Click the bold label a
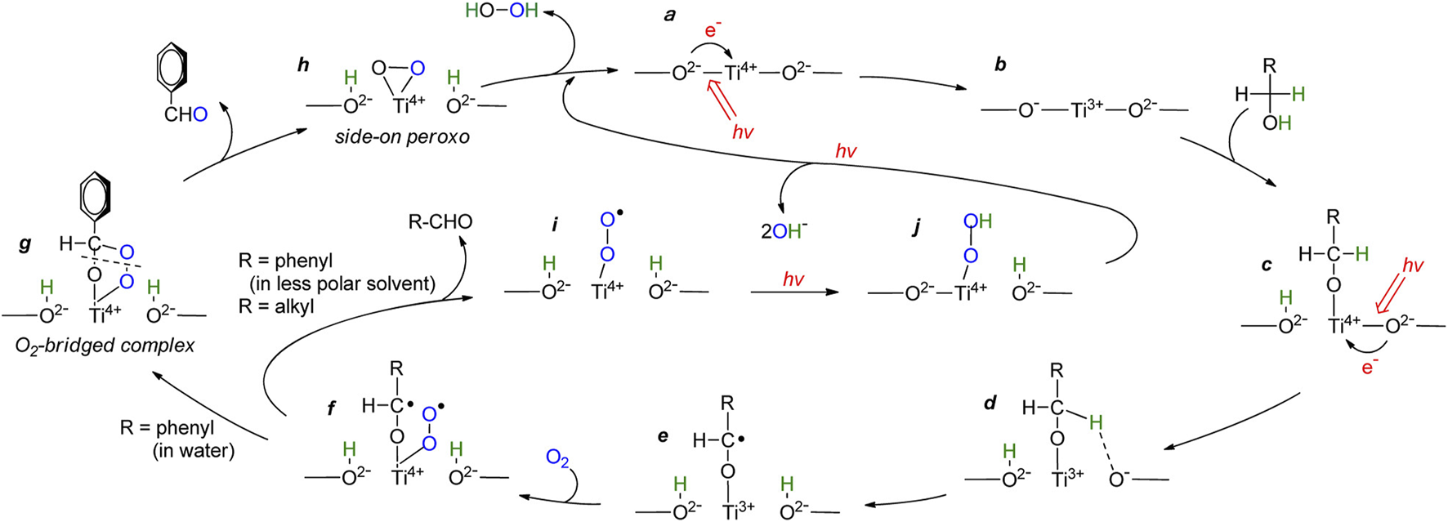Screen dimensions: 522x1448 (x=670, y=15)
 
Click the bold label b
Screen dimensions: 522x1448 (x=1000, y=65)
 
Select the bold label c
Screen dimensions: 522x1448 (x=1267, y=265)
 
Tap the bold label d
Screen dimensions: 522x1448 (x=990, y=404)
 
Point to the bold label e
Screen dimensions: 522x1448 (x=663, y=436)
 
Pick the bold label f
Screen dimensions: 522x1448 (x=331, y=407)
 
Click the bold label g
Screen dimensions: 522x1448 (x=25, y=243)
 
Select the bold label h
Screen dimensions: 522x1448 (x=303, y=65)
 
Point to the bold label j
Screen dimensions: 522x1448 (x=916, y=228)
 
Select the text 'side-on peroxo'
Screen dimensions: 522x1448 (x=402, y=137)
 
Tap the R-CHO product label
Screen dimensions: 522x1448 (x=441, y=221)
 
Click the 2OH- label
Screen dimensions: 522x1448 (x=784, y=232)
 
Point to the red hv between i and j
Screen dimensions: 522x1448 (x=793, y=279)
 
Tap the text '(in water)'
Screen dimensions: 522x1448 (x=193, y=450)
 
